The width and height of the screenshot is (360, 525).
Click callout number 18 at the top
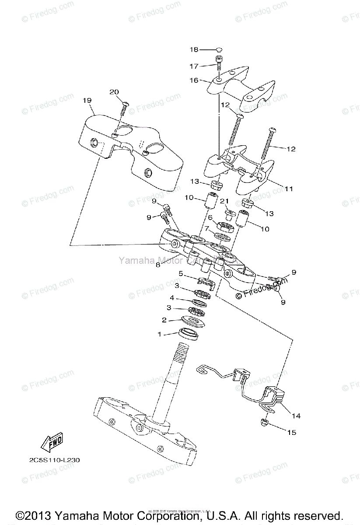pyautogui.click(x=194, y=50)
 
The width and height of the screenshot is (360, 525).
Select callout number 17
pyautogui.click(x=194, y=66)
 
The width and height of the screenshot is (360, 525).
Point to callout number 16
pyautogui.click(x=194, y=80)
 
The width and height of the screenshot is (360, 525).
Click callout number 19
pyautogui.click(x=87, y=100)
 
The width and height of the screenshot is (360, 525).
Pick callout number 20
pyautogui.click(x=114, y=92)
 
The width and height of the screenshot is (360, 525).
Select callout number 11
pyautogui.click(x=289, y=189)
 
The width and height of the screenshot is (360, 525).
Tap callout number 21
pyautogui.click(x=224, y=201)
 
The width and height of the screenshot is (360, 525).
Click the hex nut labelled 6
pyautogui.click(x=225, y=227)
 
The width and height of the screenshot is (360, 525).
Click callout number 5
pyautogui.click(x=180, y=273)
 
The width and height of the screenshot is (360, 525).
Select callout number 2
pyautogui.click(x=164, y=320)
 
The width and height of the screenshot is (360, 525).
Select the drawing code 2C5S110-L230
pyautogui.click(x=52, y=460)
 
